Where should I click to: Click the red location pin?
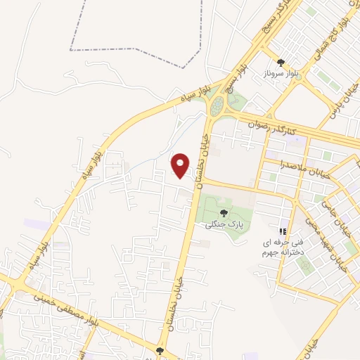[181, 164]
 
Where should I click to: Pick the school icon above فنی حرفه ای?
[283, 231]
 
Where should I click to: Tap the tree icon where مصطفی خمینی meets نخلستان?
[160, 349]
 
